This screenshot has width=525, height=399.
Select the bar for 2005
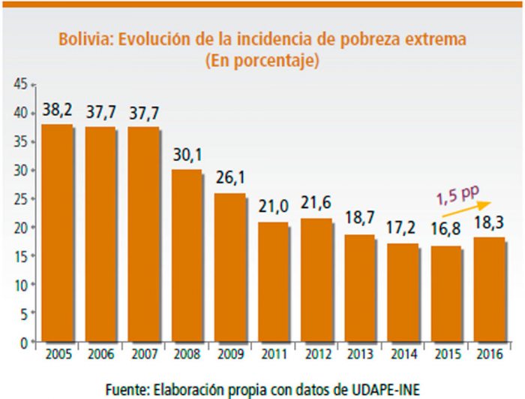pyautogui.click(x=57, y=233)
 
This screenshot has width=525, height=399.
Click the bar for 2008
pyautogui.click(x=187, y=255)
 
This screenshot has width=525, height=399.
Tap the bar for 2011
pyautogui.click(x=274, y=282)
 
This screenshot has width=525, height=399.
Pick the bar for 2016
pyautogui.click(x=490, y=289)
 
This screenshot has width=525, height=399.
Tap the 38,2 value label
pyautogui.click(x=58, y=112)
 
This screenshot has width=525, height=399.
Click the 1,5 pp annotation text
pyautogui.click(x=457, y=194)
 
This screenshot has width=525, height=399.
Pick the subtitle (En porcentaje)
pyautogui.click(x=262, y=61)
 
